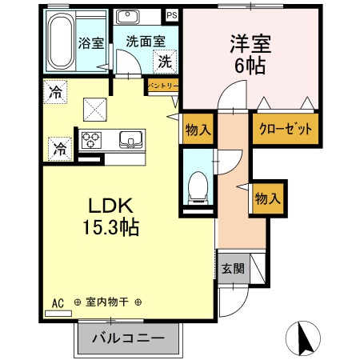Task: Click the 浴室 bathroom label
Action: [x=90, y=43]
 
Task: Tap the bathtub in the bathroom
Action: [x=58, y=42]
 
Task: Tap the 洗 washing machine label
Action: [x=164, y=60]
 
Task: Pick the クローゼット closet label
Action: [x=285, y=129]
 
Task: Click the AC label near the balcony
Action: [x=57, y=302]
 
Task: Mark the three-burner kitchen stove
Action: [x=91, y=139]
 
